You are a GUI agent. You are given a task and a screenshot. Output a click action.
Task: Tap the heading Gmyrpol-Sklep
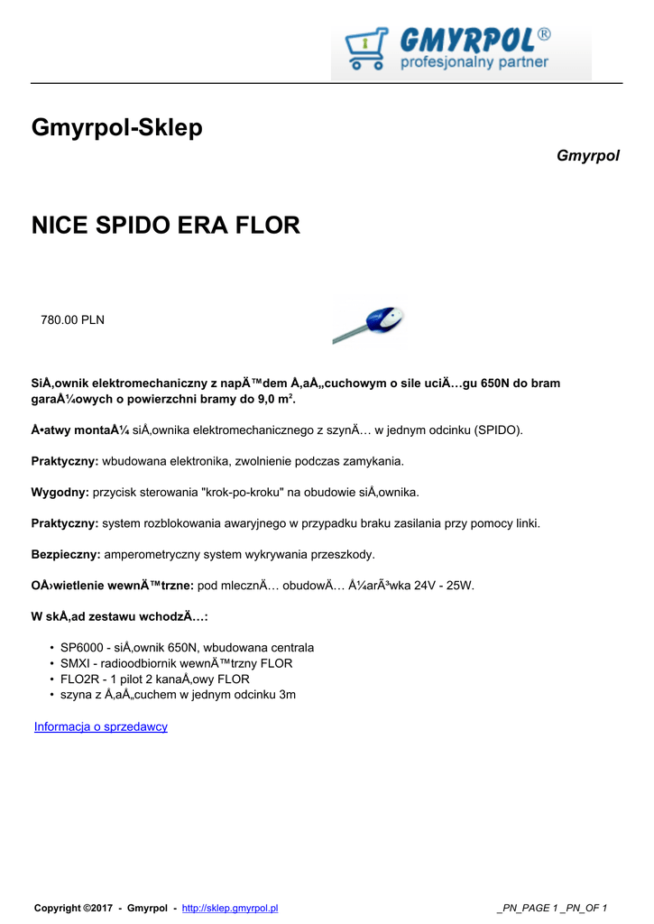(117, 128)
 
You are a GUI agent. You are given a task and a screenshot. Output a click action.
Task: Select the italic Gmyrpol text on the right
(588, 156)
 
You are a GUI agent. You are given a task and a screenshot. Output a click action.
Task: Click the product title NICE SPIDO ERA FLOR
(165, 226)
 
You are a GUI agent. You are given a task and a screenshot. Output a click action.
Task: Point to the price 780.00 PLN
(72, 319)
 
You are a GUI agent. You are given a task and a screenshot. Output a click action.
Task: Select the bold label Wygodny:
(60, 492)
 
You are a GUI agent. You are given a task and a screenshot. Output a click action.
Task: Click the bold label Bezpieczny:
(66, 554)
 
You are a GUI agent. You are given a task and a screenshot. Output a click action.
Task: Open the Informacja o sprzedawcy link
(101, 726)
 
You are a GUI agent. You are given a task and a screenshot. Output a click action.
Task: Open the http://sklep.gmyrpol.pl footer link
(230, 908)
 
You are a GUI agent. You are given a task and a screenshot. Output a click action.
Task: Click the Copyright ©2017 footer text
(75, 908)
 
